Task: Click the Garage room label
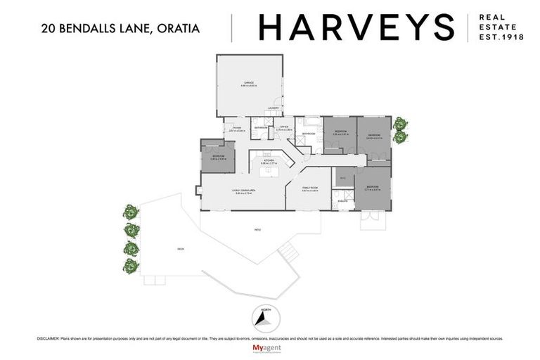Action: click(x=249, y=84)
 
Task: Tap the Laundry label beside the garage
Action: click(x=274, y=108)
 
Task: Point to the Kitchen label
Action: click(x=268, y=161)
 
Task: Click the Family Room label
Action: click(x=309, y=188)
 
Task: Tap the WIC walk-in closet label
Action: click(x=343, y=178)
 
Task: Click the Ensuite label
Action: click(x=342, y=201)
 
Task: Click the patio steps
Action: click(x=286, y=250)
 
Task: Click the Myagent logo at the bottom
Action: click(x=270, y=349)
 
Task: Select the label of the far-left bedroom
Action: click(x=218, y=156)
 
